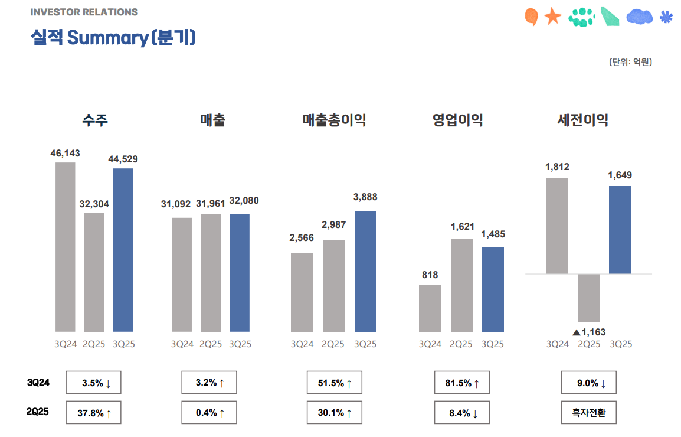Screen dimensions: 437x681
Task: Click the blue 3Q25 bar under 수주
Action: [123, 250]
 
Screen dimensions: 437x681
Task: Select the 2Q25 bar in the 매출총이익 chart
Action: [333, 285]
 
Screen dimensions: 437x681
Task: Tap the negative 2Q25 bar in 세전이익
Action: [588, 298]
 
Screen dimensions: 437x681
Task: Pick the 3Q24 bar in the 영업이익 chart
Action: [430, 308]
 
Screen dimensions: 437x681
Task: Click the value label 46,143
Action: [65, 154]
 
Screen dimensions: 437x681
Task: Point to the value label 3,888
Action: [365, 197]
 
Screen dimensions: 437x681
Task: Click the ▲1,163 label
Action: [589, 332]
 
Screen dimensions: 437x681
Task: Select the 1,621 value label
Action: [461, 226]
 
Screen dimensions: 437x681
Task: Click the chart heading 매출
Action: [212, 120]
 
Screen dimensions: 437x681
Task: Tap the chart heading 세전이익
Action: [582, 120]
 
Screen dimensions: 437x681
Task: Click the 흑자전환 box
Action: [588, 413]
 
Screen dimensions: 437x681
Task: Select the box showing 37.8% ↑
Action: [93, 413]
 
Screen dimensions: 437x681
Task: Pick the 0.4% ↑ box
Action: [209, 413]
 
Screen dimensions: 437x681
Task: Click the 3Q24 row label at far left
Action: [38, 383]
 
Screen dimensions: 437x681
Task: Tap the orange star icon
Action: [552, 17]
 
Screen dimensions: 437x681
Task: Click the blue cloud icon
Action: [639, 17]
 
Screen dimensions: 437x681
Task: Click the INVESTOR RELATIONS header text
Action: [84, 12]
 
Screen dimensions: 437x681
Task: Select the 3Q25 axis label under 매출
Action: [240, 344]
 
